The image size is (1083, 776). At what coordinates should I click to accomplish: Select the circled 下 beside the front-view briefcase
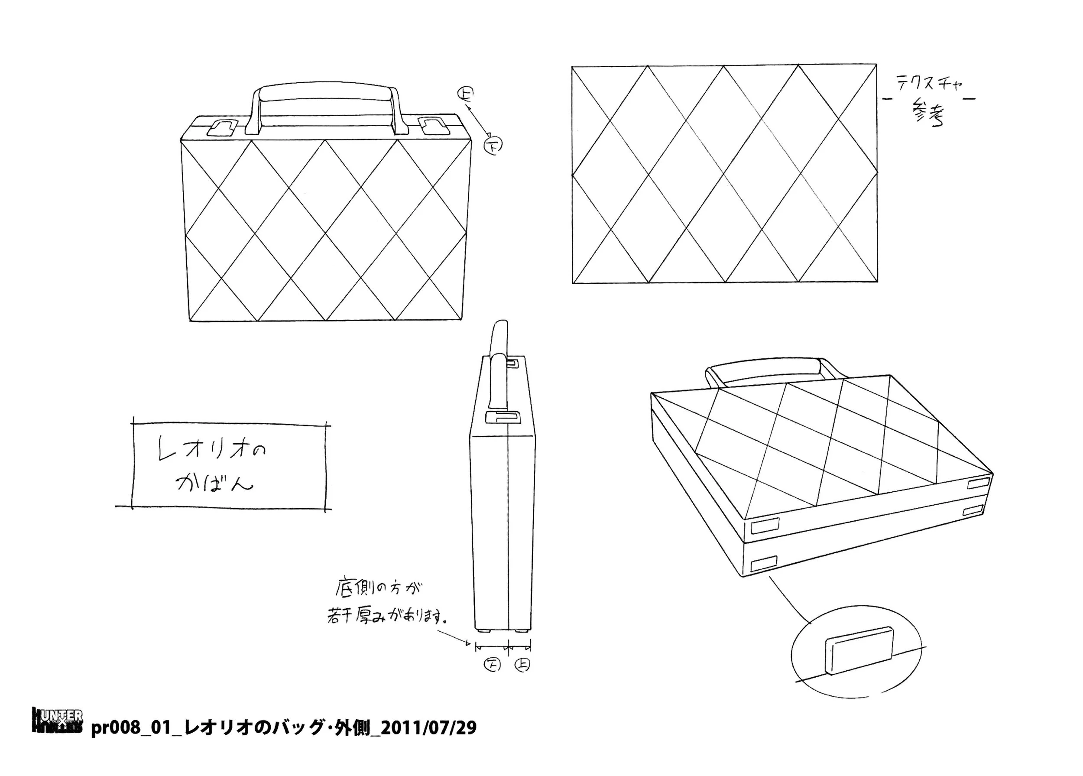tap(493, 146)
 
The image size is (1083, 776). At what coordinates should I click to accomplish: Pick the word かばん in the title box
tap(214, 483)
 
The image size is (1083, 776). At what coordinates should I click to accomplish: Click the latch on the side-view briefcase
tap(503, 417)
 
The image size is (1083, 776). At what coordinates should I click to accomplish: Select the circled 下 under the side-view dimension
tap(492, 665)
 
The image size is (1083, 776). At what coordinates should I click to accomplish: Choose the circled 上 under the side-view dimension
tap(522, 665)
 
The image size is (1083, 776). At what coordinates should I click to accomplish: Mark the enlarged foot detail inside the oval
tap(859, 650)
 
